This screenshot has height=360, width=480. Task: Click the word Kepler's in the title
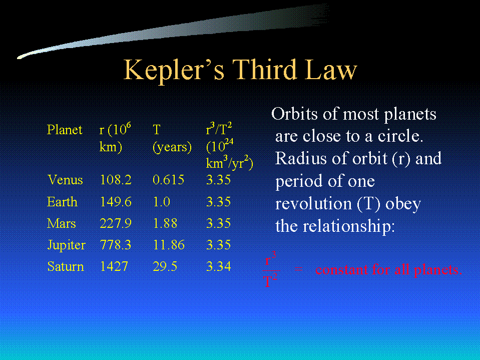point(174,70)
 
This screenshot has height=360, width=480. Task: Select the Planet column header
point(65,130)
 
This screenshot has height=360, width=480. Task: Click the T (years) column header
point(172,139)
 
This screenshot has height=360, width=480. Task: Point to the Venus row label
point(65,180)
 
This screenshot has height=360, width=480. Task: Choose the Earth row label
point(62,202)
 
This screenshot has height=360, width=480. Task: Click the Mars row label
point(61,223)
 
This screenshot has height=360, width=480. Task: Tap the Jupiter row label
point(67,245)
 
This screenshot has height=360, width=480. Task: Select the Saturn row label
point(66,266)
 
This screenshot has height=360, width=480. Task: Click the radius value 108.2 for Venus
point(116,180)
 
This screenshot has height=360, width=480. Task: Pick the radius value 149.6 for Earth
point(116,202)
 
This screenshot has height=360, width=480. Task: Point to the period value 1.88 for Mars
point(165,223)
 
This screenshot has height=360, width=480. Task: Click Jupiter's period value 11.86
point(169,245)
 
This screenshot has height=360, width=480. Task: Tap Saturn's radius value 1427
point(114,266)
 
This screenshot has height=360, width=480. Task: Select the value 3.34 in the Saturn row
point(219,266)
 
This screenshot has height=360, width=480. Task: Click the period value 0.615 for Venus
point(168,180)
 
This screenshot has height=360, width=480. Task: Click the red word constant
point(341,270)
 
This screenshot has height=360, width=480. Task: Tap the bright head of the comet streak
point(22,57)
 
